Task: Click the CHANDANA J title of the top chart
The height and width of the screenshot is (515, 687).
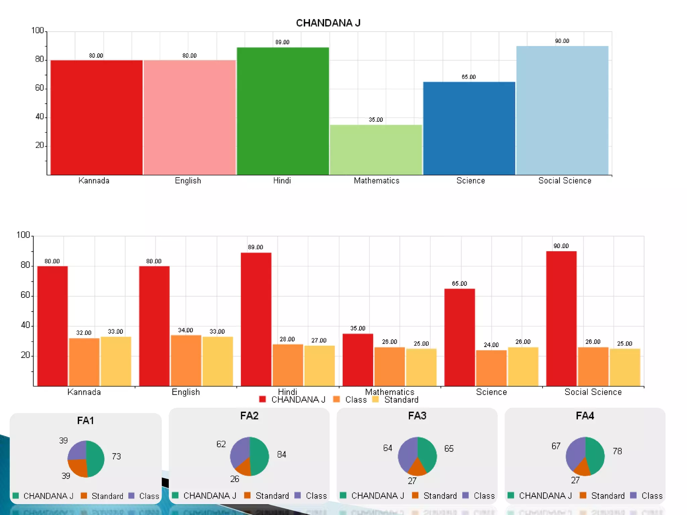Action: coord(328,23)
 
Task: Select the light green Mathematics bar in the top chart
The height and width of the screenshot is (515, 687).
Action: coord(376,150)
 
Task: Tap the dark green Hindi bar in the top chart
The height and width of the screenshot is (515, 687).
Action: coord(282,111)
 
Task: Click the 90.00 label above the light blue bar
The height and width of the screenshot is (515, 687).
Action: coord(562,41)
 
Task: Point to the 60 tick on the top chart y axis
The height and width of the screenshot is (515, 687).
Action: coord(40,88)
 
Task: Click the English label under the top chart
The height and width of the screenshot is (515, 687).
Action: coord(188,181)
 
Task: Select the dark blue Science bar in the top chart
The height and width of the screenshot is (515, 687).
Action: coord(469,128)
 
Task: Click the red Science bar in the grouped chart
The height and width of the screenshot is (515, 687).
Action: coord(459,337)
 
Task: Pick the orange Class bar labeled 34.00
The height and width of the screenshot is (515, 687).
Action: coord(186,360)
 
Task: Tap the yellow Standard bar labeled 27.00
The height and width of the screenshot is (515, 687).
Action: coord(319,365)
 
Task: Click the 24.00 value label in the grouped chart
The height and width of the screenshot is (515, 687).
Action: coord(491,345)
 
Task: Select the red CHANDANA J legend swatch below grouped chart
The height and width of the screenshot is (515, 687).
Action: coord(262,399)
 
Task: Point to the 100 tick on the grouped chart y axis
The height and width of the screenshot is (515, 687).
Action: coord(23,235)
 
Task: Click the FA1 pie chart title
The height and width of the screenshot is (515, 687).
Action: coord(86,420)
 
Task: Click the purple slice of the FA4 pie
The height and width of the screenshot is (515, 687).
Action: coord(575,453)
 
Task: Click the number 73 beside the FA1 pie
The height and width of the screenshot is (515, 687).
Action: coord(116,456)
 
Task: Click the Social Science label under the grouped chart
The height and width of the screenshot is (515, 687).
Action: coord(593,392)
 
